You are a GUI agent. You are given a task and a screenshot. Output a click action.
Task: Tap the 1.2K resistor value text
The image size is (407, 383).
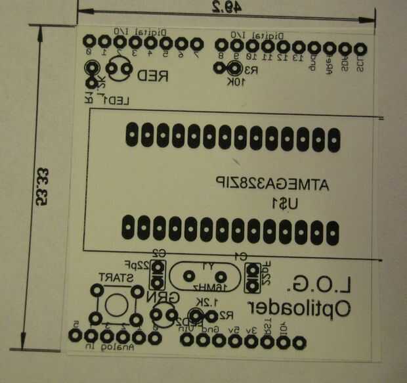(204, 303)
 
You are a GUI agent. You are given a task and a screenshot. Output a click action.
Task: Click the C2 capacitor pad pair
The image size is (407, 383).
(158, 275)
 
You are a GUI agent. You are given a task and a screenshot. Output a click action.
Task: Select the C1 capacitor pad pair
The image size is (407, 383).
(251, 277)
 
